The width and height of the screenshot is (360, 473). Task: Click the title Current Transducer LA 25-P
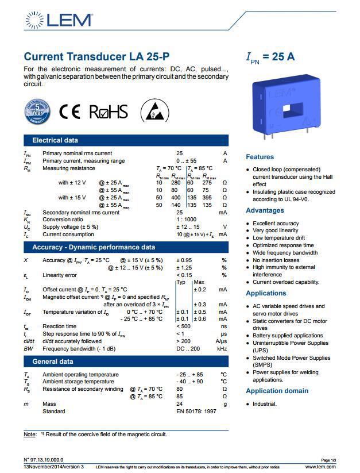[96, 57]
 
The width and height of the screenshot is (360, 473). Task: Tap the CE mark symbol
[71, 111]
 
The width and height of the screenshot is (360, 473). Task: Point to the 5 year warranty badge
[38, 111]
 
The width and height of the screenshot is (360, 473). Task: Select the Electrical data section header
[55, 140]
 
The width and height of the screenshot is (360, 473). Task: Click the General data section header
[53, 362]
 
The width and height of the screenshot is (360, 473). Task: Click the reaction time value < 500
[185, 326]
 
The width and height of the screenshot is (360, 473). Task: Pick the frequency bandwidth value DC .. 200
[188, 349]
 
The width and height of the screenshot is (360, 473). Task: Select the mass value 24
[179, 404]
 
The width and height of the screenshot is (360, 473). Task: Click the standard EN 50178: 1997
[195, 412]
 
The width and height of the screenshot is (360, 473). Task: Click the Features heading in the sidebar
[260, 157]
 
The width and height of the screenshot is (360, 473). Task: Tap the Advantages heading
[265, 210]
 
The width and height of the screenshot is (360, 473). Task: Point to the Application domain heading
[277, 391]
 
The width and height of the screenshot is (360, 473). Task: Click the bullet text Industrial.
[265, 404]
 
